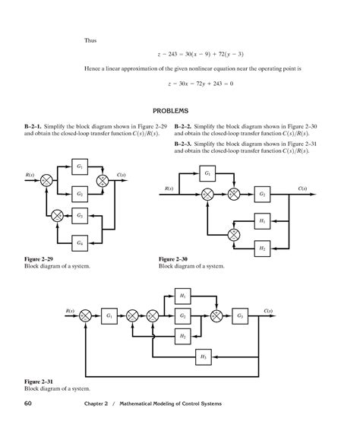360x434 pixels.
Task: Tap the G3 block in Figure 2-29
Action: [80, 216]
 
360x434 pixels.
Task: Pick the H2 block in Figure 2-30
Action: [262, 248]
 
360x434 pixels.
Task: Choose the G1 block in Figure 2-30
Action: [209, 173]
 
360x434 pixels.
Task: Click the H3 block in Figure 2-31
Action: [204, 356]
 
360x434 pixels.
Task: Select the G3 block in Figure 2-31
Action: [241, 315]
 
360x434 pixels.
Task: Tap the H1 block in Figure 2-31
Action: [182, 295]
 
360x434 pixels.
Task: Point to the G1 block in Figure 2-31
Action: [110, 315]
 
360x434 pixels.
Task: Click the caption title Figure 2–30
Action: [174, 259]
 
